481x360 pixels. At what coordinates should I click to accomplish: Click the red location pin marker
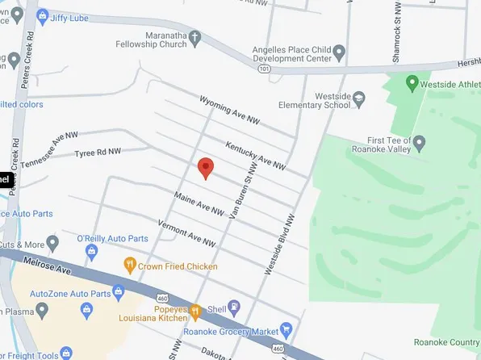click(206, 166)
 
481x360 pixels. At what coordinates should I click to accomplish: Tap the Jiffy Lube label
click(69, 16)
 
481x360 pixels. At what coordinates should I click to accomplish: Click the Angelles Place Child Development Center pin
click(339, 53)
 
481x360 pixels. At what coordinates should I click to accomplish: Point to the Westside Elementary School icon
click(359, 98)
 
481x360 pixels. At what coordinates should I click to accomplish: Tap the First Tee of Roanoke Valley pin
click(419, 142)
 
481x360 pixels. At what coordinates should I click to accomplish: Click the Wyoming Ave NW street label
click(230, 108)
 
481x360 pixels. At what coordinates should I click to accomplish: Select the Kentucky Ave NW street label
click(255, 154)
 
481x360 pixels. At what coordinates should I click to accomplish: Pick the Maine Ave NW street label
click(199, 203)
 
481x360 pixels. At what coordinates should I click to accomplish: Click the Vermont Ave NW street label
click(186, 233)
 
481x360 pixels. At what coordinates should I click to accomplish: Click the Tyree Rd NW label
click(97, 152)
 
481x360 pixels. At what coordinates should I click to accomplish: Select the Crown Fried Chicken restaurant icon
click(129, 265)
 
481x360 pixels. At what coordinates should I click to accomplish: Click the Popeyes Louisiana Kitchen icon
click(194, 310)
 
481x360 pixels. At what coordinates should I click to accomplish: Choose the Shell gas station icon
click(234, 306)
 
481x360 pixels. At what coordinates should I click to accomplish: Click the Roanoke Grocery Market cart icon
click(286, 329)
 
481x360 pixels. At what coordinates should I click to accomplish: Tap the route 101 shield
click(264, 69)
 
